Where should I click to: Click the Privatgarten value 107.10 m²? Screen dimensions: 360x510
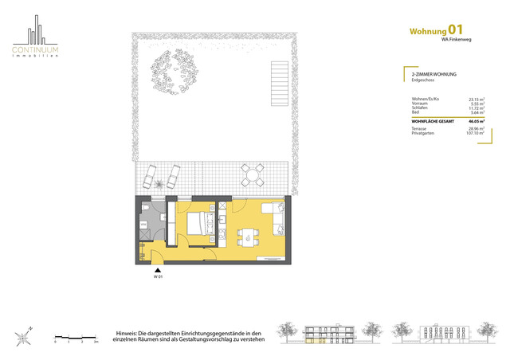tap(476, 131)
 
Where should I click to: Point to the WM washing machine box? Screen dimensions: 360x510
tap(143, 225)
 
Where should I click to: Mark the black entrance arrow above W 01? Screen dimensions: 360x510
tap(158, 271)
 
